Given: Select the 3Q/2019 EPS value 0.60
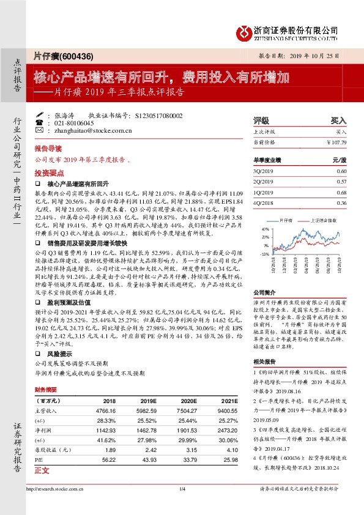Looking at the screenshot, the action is click(x=341, y=171).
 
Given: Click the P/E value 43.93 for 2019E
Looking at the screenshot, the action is click(x=149, y=459).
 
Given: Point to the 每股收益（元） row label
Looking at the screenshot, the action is click(x=53, y=450).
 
